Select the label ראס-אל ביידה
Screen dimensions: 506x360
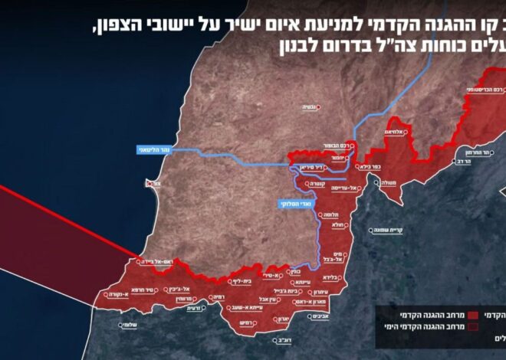point(161,261)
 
